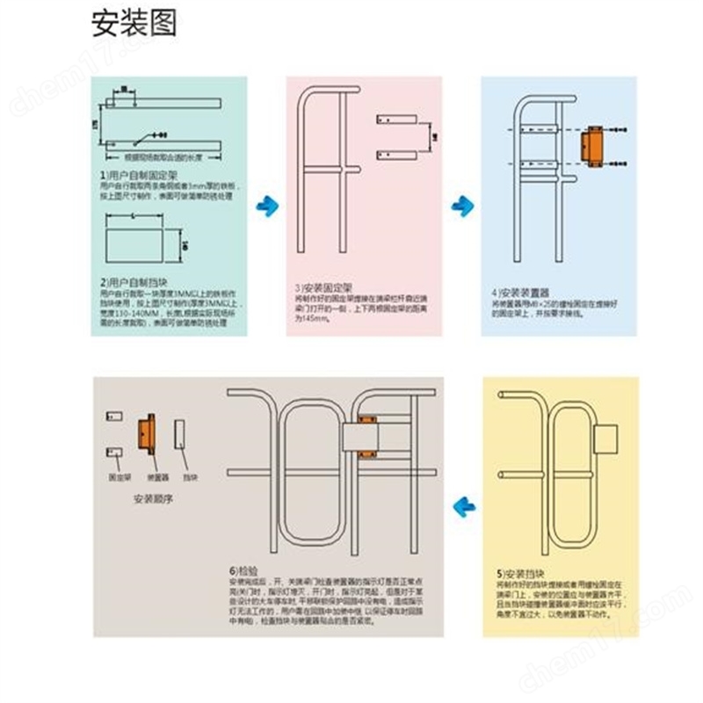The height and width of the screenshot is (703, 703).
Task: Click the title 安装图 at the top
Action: coord(134,23)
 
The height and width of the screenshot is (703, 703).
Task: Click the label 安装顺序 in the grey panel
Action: coord(151,498)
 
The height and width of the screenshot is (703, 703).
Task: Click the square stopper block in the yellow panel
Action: coord(607,436)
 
